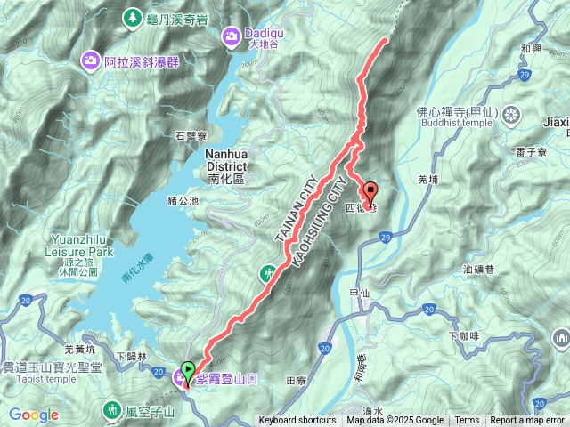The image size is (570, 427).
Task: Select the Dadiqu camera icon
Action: [231, 36]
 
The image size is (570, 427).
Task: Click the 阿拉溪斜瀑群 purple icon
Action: [91, 61]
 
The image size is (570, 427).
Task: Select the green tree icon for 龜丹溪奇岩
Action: [133, 17]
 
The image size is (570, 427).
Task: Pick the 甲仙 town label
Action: [360, 292]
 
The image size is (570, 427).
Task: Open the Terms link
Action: [467, 421]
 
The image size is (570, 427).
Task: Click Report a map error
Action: [527, 421]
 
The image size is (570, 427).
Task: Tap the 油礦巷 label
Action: [479, 269]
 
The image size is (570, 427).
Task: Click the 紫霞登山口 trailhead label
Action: [226, 378]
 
